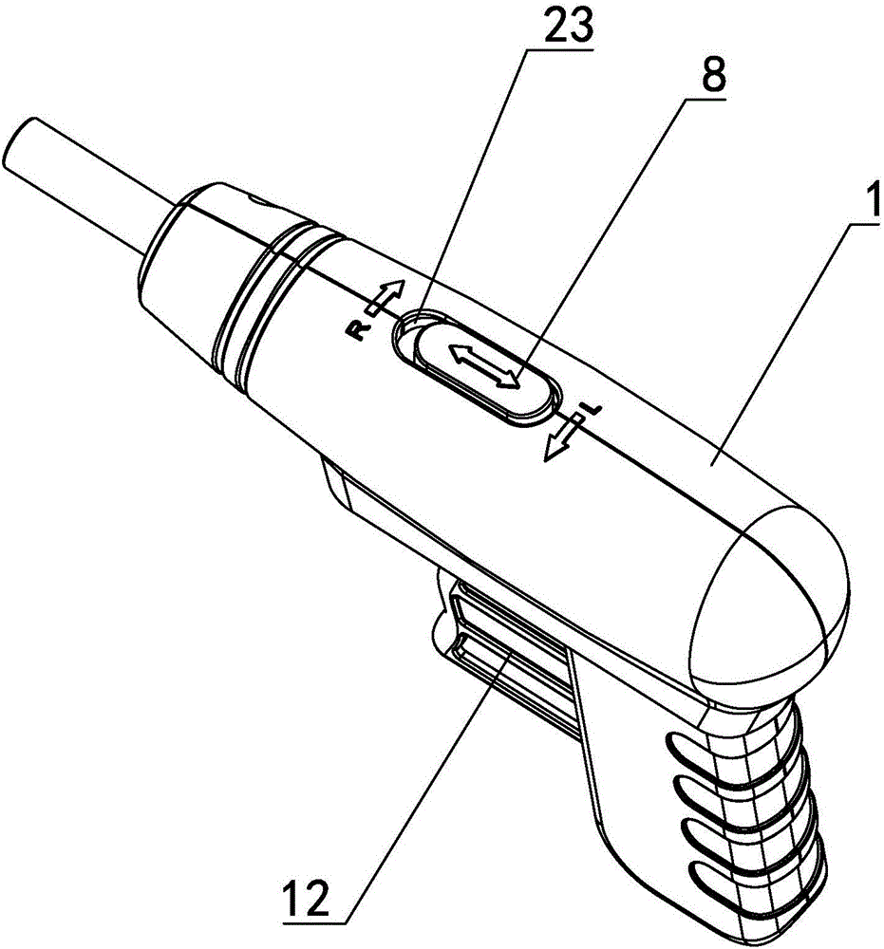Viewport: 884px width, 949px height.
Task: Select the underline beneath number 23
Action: click(x=561, y=50)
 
